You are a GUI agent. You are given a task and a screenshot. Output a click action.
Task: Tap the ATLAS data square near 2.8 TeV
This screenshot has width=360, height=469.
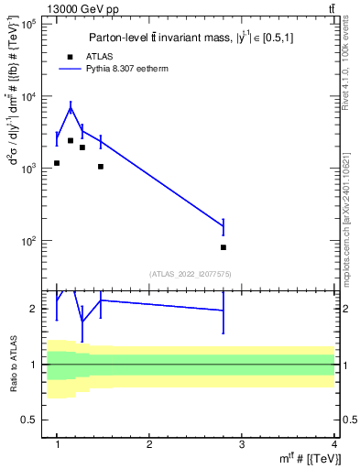[x=224, y=247]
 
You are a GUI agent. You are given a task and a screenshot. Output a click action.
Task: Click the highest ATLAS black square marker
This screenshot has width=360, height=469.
[x=71, y=140]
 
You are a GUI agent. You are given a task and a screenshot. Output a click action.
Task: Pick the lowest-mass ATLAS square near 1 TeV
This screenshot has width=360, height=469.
[x=57, y=163]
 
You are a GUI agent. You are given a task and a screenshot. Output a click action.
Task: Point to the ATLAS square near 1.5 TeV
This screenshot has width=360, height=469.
[x=101, y=167]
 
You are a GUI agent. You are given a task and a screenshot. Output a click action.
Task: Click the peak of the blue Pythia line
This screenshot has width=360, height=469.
[x=71, y=108]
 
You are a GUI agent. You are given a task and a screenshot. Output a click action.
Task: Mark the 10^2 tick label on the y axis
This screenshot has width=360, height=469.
[x=30, y=241]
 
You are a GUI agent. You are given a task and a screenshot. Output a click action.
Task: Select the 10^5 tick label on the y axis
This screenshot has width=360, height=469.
[x=30, y=25]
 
